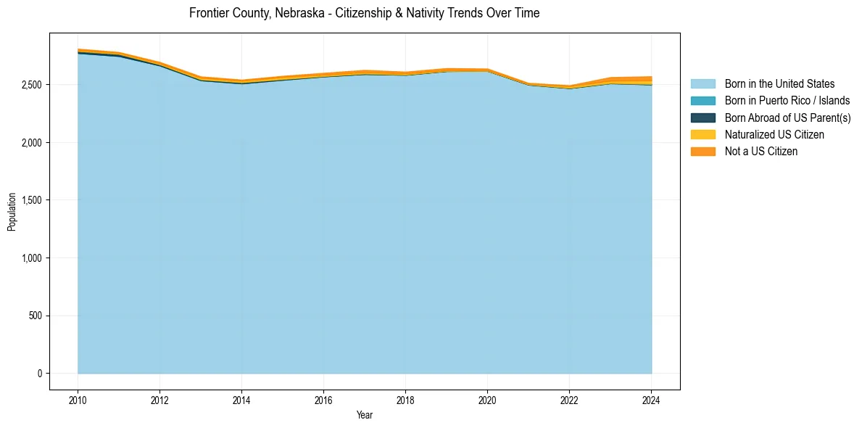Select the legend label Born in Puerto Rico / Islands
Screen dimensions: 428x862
tap(787, 101)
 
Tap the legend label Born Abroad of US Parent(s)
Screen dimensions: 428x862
tap(787, 118)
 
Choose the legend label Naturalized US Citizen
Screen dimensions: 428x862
tap(774, 134)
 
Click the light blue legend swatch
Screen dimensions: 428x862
tap(703, 84)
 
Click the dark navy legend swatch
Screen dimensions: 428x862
tap(703, 118)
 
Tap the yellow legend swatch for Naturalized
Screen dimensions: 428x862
tap(703, 134)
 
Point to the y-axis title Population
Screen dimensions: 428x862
tap(12, 211)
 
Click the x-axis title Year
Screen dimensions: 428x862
tap(365, 415)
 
